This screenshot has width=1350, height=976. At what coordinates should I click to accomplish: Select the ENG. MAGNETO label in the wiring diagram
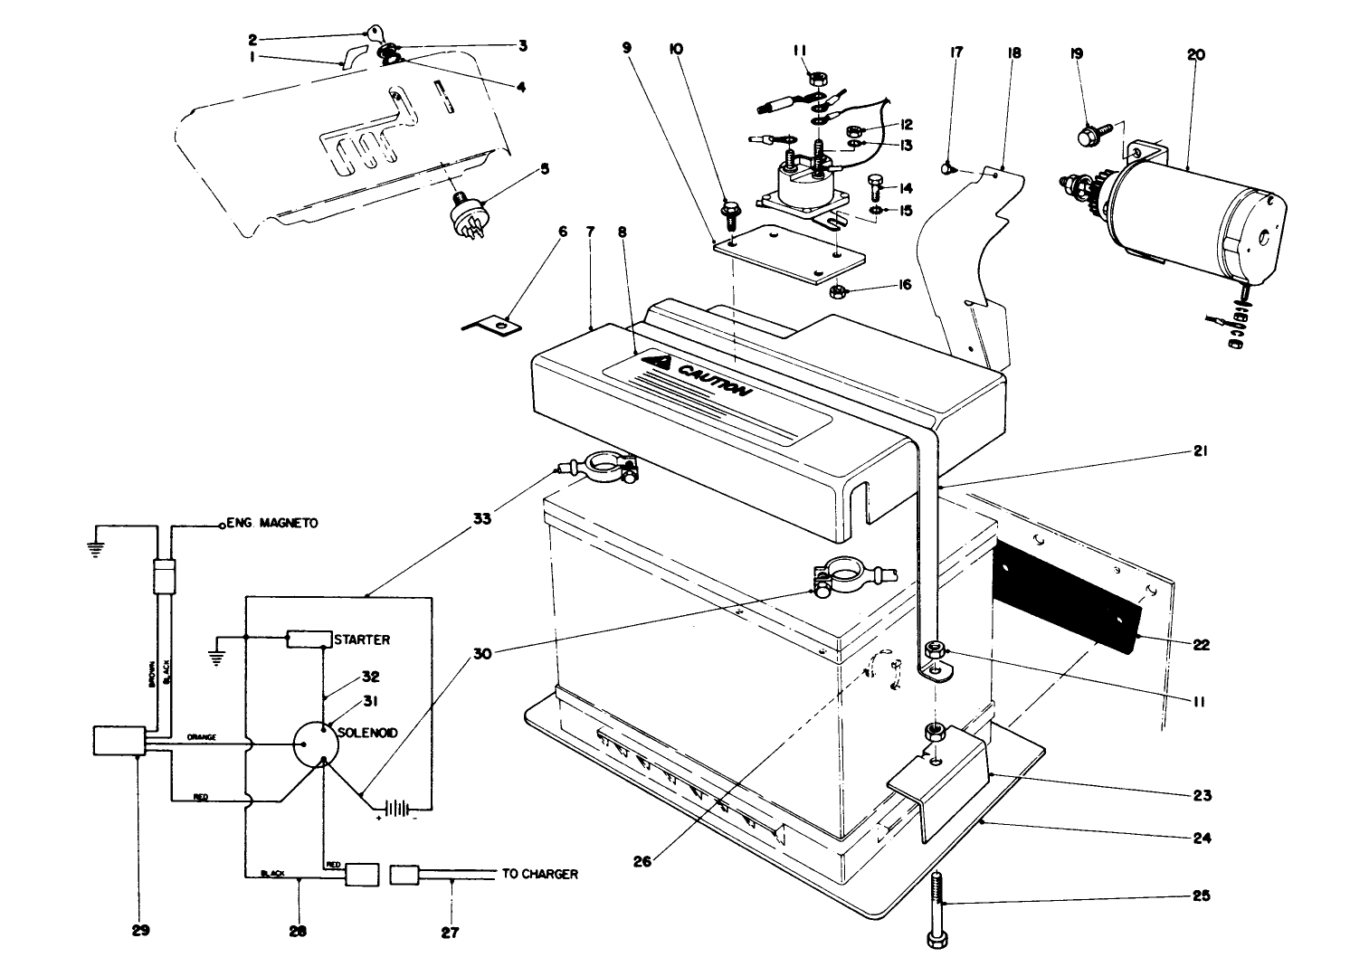[271, 523]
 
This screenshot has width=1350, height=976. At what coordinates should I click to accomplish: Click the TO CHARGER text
[539, 875]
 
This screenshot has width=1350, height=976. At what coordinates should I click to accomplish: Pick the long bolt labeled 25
[937, 909]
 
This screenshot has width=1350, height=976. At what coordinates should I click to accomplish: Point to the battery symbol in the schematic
[395, 808]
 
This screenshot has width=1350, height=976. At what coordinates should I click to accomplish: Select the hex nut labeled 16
[837, 292]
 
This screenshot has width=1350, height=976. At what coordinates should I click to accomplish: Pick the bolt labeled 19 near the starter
[1086, 137]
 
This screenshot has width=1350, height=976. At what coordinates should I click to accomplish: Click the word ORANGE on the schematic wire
[201, 737]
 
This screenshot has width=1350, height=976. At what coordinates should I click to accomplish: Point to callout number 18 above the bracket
[1013, 53]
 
